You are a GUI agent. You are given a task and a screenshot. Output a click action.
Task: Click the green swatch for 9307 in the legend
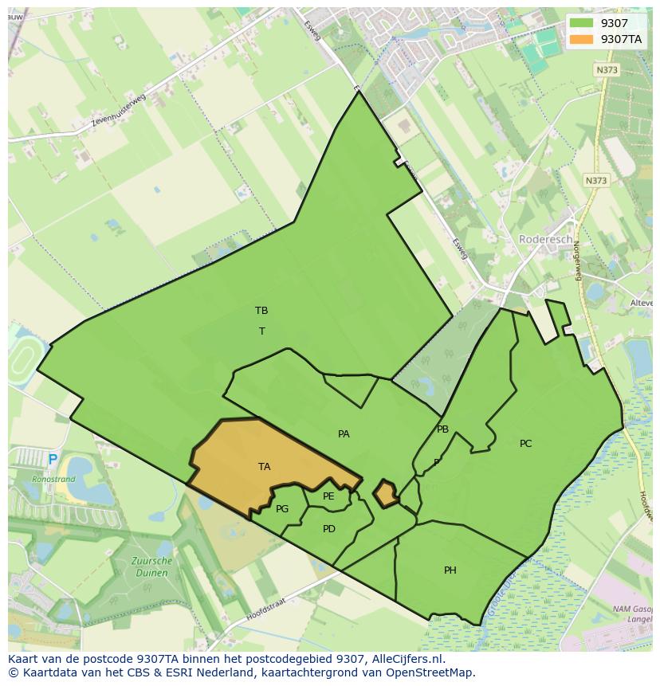pyautogui.click(x=582, y=23)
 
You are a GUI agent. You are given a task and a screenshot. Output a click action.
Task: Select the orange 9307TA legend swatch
pyautogui.click(x=582, y=39)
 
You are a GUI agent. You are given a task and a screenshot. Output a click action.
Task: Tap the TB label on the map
pyautogui.click(x=261, y=311)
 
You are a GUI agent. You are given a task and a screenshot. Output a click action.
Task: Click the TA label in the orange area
pyautogui.click(x=264, y=467)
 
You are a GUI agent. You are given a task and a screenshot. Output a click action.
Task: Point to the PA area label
pyautogui.click(x=344, y=434)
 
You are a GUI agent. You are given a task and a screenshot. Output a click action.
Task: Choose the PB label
pyautogui.click(x=442, y=429)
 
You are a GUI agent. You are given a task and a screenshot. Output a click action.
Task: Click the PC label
pyautogui.click(x=525, y=444)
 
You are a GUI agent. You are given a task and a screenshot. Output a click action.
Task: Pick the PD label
pyautogui.click(x=329, y=529)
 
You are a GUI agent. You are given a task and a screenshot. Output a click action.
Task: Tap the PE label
pyautogui.click(x=328, y=496)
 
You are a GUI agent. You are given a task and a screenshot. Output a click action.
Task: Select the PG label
pyautogui.click(x=282, y=509)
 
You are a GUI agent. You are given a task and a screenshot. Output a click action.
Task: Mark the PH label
pyautogui.click(x=450, y=570)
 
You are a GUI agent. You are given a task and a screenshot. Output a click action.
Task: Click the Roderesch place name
pyautogui.click(x=545, y=239)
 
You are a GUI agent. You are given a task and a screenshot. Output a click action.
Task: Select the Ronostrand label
pyautogui.click(x=53, y=480)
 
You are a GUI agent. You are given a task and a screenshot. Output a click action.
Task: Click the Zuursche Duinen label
pyautogui.click(x=151, y=566)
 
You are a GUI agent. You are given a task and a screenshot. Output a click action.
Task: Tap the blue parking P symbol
pyautogui.click(x=53, y=460)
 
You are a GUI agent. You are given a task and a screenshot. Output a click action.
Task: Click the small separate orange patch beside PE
pyautogui.click(x=387, y=493)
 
